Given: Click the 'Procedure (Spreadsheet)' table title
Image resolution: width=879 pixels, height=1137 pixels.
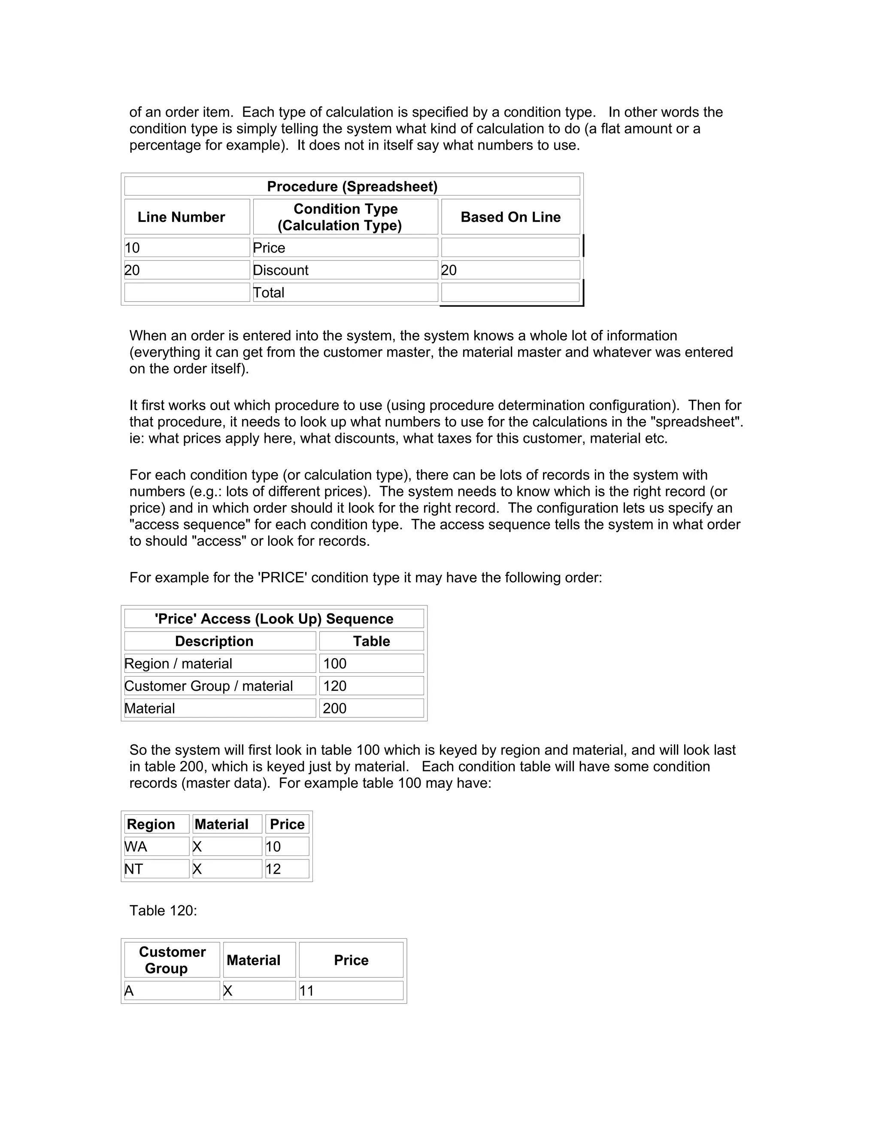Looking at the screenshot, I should [352, 186].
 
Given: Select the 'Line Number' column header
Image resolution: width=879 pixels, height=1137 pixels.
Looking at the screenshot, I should [181, 217].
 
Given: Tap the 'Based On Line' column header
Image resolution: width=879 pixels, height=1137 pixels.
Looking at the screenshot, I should [510, 217].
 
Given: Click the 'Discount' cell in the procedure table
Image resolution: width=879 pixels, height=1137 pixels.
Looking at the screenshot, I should [281, 270].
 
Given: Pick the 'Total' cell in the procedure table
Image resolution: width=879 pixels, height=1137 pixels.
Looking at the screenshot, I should [269, 293].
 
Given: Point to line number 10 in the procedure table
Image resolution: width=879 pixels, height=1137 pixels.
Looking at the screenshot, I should [132, 248].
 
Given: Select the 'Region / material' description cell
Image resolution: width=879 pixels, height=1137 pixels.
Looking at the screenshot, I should [178, 664].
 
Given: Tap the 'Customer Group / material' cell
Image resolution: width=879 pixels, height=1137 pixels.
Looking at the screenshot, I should [208, 686].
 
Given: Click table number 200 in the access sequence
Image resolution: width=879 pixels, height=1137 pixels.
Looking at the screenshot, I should [334, 708].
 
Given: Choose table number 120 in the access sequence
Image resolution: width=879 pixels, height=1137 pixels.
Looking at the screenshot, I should [334, 686].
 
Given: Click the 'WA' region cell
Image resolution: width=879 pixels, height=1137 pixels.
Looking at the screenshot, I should [136, 847].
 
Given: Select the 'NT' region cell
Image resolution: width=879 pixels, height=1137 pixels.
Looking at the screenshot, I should [134, 869].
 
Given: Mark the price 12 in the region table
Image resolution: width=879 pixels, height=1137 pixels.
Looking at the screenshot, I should [273, 869].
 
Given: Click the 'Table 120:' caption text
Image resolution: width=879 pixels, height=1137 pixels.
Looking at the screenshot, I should [163, 910].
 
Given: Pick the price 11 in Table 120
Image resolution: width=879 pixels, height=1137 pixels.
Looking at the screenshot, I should [307, 991].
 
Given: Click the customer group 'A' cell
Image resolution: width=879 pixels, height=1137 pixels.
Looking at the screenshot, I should [129, 991].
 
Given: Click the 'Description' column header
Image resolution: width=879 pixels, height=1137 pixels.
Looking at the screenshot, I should [214, 641].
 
